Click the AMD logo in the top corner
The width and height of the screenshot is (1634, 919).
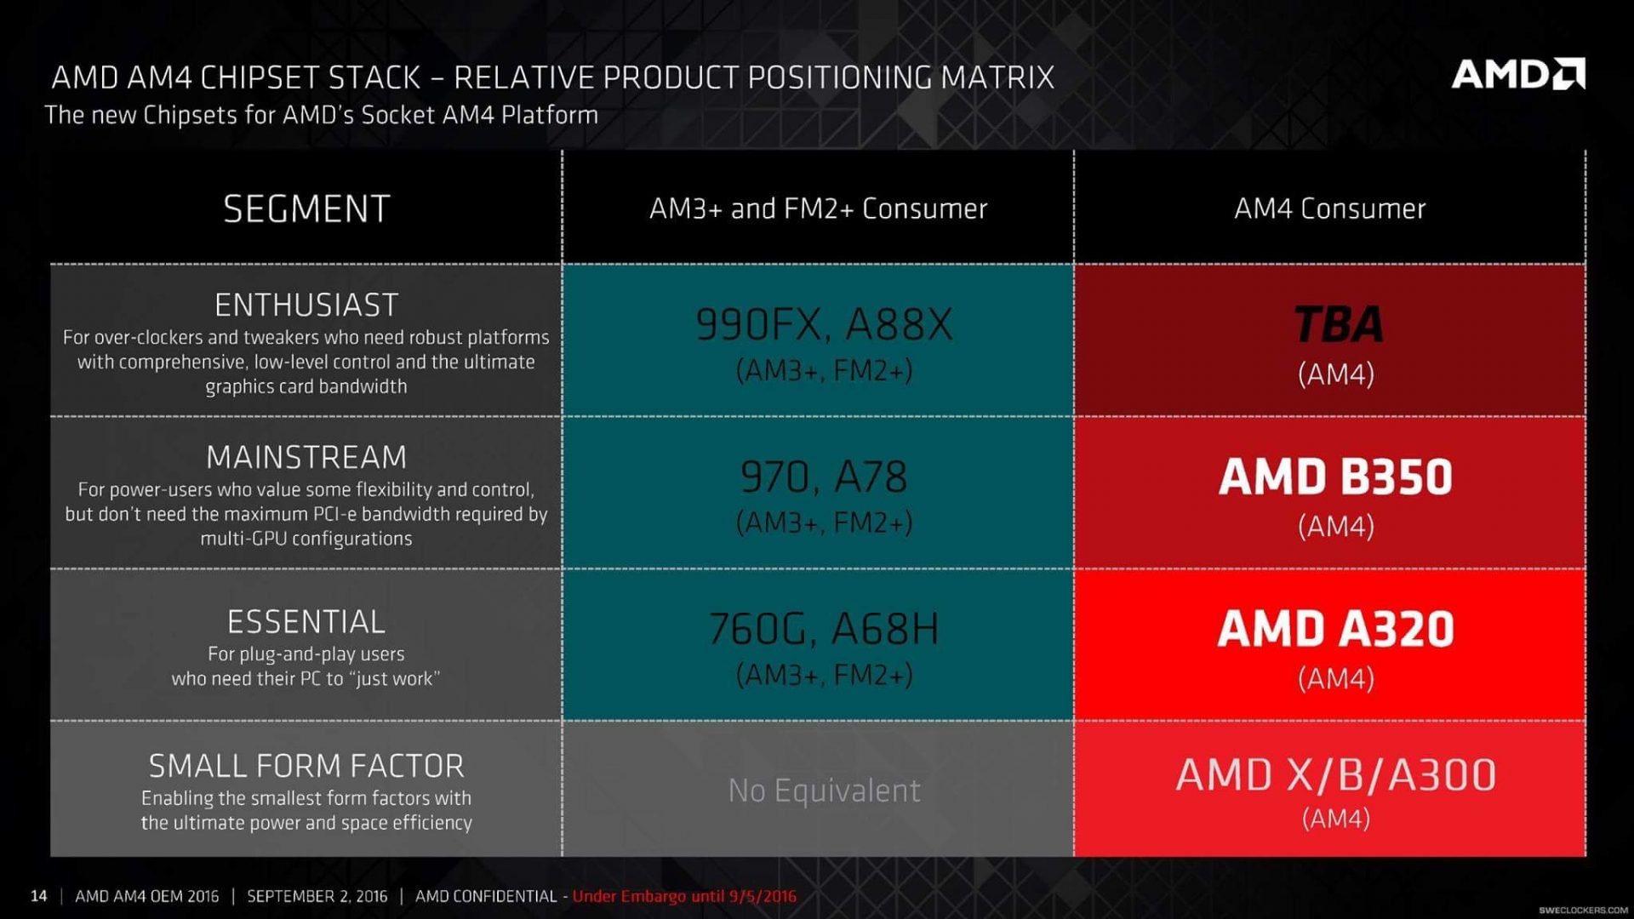click(x=1517, y=75)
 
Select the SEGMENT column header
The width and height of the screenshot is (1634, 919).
click(x=306, y=209)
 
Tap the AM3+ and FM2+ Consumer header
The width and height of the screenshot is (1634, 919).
click(x=818, y=209)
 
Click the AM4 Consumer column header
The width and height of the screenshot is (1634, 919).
click(x=1329, y=209)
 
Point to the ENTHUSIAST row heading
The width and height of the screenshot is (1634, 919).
click(x=306, y=305)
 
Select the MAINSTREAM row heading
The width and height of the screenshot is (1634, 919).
click(x=306, y=458)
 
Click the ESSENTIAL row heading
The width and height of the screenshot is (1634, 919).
click(x=306, y=622)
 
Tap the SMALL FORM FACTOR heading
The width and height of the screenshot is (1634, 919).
click(x=306, y=766)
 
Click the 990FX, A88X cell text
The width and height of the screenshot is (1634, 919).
click(x=824, y=325)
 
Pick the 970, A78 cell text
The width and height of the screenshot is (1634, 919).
click(x=824, y=477)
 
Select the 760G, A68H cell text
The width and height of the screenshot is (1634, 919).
click(x=824, y=630)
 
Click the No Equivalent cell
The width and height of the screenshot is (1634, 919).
click(x=824, y=791)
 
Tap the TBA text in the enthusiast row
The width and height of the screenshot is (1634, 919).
click(x=1337, y=325)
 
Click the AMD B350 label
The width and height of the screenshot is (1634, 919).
click(x=1335, y=477)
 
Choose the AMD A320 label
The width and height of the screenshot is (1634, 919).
click(x=1335, y=630)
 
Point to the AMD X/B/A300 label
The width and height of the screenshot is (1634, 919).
click(x=1335, y=775)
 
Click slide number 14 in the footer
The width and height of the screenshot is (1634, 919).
click(x=38, y=896)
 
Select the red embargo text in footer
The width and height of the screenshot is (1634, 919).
click(x=684, y=896)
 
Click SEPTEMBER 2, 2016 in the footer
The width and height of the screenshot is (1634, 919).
click(x=317, y=896)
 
